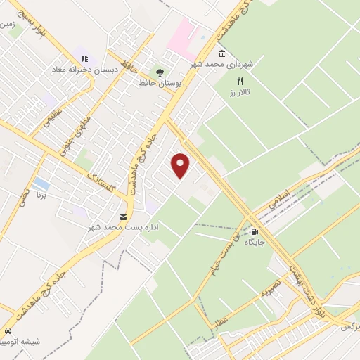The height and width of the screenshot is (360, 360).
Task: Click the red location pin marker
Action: tap(181, 165)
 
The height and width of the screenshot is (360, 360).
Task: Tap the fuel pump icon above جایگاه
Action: tap(254, 231)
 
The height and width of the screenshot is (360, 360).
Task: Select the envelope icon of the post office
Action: tap(124, 217)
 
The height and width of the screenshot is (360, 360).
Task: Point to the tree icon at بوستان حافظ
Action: tap(160, 71)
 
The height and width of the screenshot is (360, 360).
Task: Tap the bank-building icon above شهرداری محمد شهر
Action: tap(221, 53)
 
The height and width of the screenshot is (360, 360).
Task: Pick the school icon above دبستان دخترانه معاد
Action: tap(84, 59)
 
